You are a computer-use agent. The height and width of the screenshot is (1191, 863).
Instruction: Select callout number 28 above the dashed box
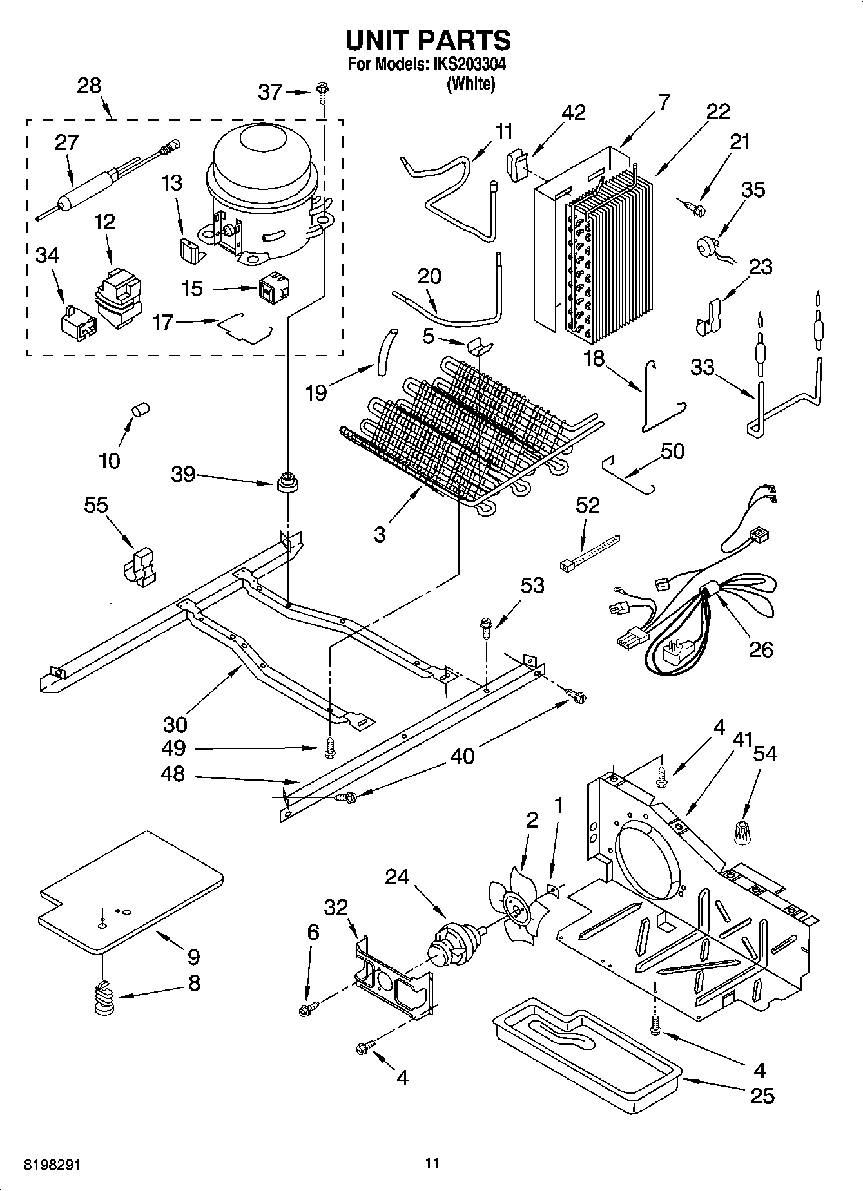pyautogui.click(x=89, y=86)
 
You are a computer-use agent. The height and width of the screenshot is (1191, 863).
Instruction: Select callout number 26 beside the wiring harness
pyautogui.click(x=761, y=649)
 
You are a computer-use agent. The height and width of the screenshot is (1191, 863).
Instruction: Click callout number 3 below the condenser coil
pyautogui.click(x=380, y=533)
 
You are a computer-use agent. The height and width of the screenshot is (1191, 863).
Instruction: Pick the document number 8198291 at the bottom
pyautogui.click(x=52, y=1165)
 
